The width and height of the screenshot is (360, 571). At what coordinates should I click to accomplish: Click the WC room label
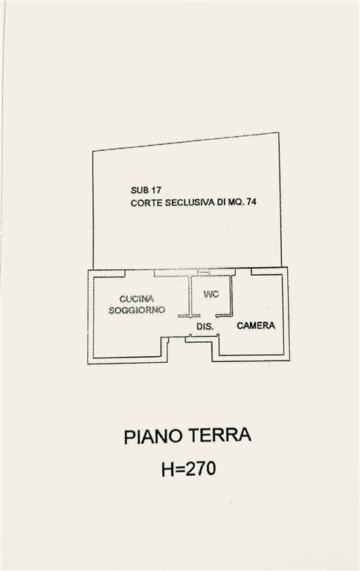coord(211,294)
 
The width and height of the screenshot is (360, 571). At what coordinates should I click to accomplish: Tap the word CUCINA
coord(137,299)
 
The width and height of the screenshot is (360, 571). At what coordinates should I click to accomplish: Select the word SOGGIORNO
coord(137,310)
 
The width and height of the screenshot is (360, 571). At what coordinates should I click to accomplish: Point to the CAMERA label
coord(256,325)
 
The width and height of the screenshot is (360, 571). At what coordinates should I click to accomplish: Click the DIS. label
coord(205,326)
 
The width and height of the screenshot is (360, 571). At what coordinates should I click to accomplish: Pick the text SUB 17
coord(146,190)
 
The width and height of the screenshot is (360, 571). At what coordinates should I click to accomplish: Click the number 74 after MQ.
coord(251,201)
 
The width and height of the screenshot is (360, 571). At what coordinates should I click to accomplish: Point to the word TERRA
coord(222,435)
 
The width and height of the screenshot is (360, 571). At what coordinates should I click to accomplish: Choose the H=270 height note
coord(188,468)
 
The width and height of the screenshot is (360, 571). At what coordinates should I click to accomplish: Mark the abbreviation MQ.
coord(237,201)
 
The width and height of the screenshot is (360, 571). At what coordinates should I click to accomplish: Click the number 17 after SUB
coord(156,190)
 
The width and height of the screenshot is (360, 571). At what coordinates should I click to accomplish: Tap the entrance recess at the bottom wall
coord(190,349)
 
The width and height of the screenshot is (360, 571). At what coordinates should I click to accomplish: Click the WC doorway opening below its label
coord(208,315)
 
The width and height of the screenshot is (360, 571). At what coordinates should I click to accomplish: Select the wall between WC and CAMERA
coord(231,294)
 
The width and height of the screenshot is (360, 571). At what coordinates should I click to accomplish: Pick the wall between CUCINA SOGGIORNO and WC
coord(190,295)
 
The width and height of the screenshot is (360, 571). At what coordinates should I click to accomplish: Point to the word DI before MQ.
coord(222,202)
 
